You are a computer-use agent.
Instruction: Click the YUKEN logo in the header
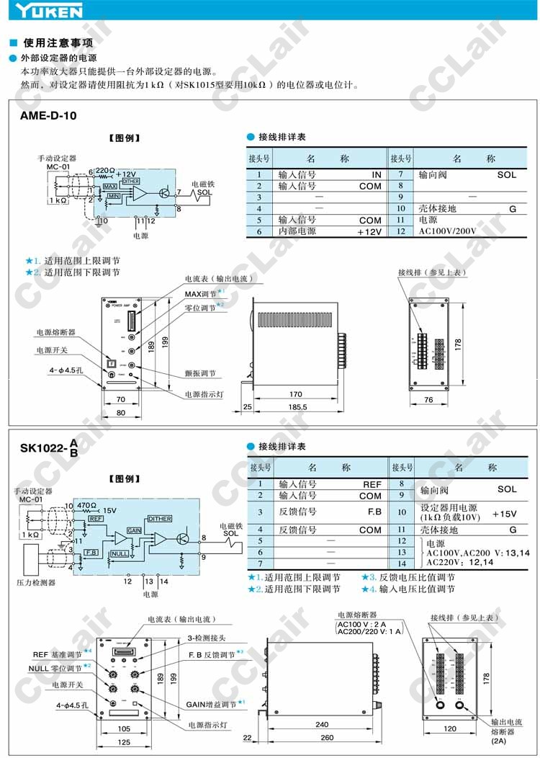[x=41, y=11]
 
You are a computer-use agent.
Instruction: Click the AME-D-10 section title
[x=48, y=115]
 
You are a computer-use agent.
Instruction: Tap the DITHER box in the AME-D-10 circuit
[x=130, y=182]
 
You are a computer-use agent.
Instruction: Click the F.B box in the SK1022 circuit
[x=91, y=552]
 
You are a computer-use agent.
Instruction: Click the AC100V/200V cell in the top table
[x=447, y=232]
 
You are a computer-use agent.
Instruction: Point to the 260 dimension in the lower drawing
[x=328, y=737]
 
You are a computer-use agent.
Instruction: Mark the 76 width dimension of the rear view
[x=428, y=400]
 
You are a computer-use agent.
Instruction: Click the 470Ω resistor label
[x=87, y=506]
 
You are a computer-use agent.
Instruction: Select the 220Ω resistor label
[x=105, y=171]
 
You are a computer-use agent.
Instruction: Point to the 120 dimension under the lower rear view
[x=451, y=728]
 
